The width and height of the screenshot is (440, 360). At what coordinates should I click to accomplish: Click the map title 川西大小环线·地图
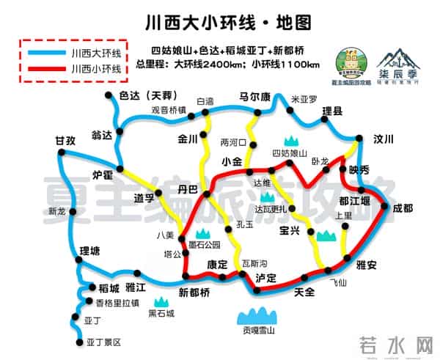(x=219, y=16)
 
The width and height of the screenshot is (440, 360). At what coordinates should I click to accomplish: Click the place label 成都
(x=403, y=207)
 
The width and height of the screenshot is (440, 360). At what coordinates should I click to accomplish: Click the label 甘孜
(x=65, y=141)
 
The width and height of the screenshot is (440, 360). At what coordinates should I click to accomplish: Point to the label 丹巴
(x=188, y=189)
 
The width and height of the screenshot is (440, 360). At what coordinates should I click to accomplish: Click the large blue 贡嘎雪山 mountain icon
(x=260, y=317)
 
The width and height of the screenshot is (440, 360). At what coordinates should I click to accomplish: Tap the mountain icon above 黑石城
(x=161, y=301)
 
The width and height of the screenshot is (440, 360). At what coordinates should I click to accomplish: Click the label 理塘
(x=89, y=251)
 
